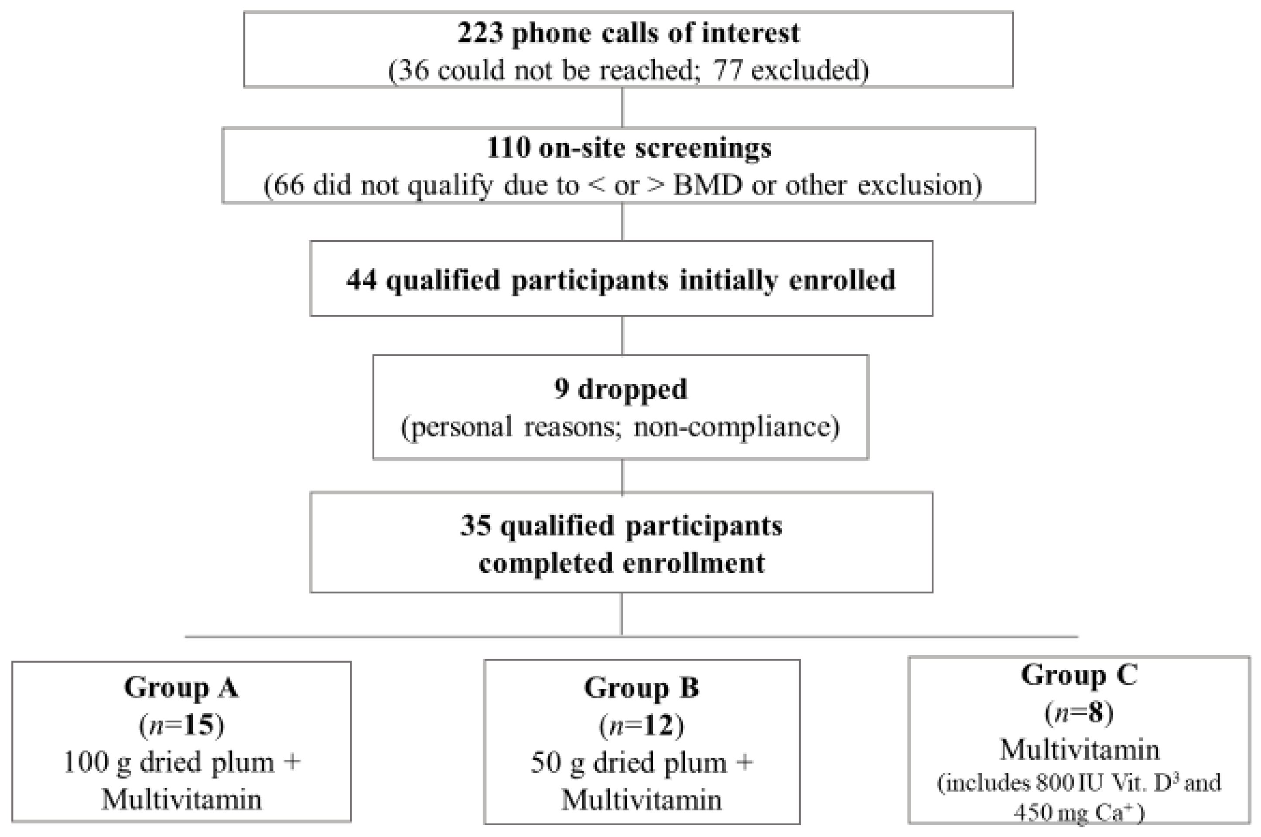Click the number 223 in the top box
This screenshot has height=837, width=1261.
click(480, 33)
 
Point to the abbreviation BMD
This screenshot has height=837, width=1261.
click(707, 186)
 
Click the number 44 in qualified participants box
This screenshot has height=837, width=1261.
click(362, 280)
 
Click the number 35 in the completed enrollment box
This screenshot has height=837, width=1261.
click(476, 525)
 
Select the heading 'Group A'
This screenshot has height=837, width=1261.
click(181, 687)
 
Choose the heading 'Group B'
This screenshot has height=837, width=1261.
click(642, 687)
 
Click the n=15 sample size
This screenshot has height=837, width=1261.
click(181, 725)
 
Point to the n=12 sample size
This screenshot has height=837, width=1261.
click(642, 725)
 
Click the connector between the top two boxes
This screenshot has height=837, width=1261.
click(622, 107)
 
